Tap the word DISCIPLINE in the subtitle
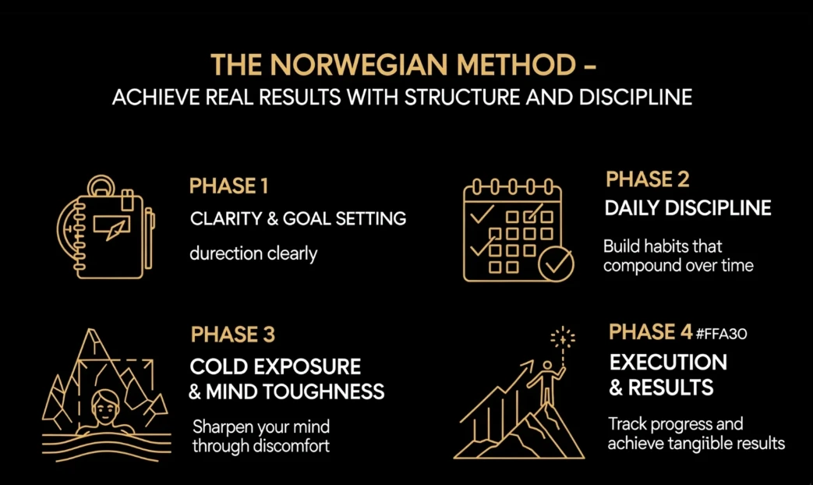coord(636,97)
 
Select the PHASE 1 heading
coord(228,186)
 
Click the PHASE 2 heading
coord(648,179)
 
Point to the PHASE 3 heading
coord(233,335)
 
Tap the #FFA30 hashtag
coord(721,334)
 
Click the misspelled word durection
coord(226,253)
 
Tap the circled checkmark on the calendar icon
coord(556,264)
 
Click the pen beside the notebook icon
coord(150,239)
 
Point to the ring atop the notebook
coord(101,186)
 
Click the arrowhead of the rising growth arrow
coord(528,365)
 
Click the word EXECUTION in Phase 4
coord(668,362)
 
